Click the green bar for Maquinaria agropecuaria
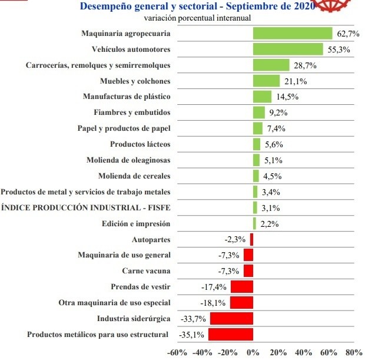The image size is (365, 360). [293, 33]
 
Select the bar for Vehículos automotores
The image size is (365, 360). [288, 49]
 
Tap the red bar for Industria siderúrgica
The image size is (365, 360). [231, 319]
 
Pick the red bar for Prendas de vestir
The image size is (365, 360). [241, 287]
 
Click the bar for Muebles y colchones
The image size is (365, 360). [266, 81]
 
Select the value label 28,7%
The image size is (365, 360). [304, 65]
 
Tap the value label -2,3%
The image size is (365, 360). [235, 240]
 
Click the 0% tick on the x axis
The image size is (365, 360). [253, 352]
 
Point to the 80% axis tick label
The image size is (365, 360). [354, 352]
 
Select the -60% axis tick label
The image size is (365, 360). [177, 352]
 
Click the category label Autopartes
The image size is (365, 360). [151, 240]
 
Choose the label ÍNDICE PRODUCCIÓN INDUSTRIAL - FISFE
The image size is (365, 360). [86, 208]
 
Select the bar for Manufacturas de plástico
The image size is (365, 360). [262, 97]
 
